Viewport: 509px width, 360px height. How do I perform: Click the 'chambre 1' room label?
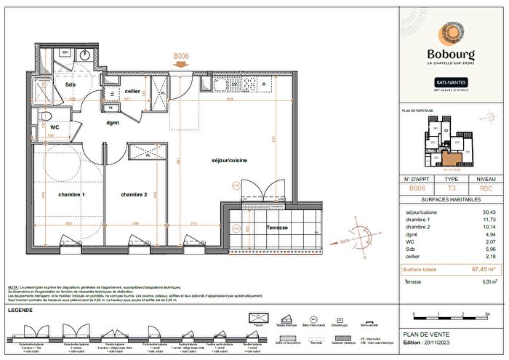point(73,194)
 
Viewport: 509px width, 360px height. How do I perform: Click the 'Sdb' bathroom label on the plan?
point(70,85)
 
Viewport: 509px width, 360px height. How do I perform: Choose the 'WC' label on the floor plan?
point(55,127)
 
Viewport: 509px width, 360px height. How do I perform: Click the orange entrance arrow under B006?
point(181,64)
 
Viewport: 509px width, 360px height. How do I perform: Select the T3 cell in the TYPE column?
point(451,188)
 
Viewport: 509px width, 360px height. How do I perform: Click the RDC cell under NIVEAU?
point(486,188)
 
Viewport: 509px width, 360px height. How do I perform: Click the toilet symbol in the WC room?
point(45,116)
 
